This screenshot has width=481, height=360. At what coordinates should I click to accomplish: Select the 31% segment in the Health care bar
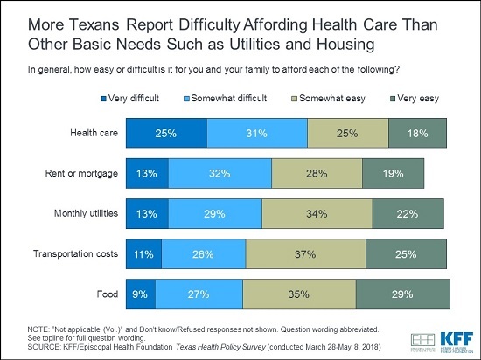point(257,133)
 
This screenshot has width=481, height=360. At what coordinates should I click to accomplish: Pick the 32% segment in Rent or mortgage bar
point(220,173)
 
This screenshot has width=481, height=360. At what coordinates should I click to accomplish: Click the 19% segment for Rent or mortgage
point(393,173)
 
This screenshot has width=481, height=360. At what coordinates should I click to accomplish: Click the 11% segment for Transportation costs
point(143,253)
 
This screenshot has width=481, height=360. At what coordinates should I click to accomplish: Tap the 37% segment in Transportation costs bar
point(305,253)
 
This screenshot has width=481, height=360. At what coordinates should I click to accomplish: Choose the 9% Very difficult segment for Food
point(141,294)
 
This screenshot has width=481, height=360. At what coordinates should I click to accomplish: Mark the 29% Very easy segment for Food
point(403,294)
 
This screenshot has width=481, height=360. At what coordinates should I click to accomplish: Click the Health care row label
point(95,133)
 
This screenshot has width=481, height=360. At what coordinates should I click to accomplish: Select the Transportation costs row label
point(76,253)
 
